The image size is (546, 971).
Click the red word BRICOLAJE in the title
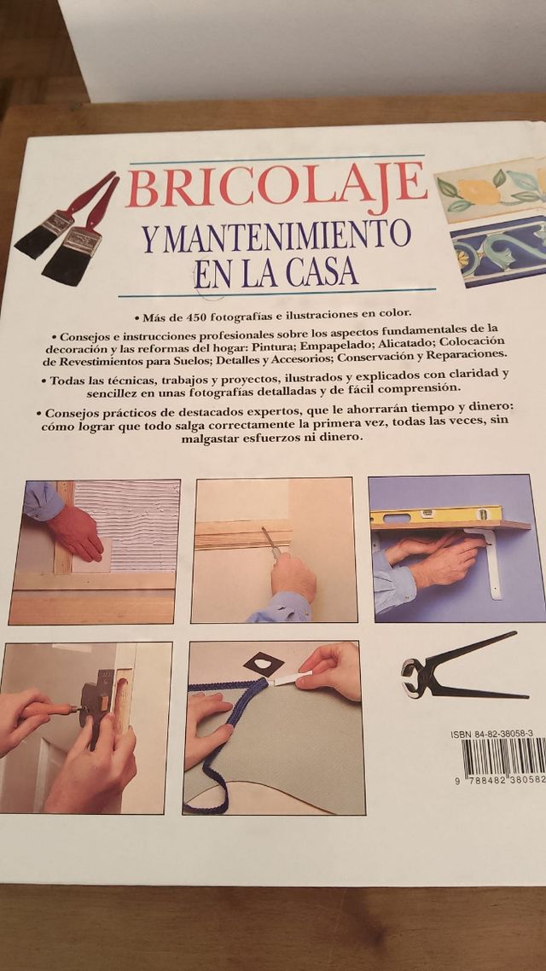point(276,188)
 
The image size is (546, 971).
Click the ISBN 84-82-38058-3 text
point(492,733)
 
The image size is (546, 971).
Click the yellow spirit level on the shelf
point(436,515)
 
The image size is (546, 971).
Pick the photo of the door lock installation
point(85,727)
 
